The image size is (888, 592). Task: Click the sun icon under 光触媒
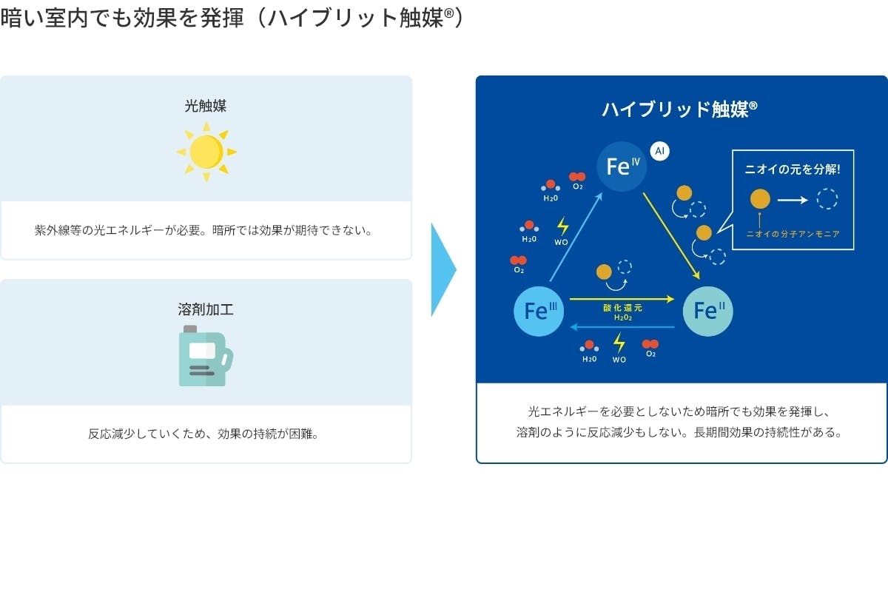[206, 152]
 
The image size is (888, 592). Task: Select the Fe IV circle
[622, 166]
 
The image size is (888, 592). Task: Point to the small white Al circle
[660, 151]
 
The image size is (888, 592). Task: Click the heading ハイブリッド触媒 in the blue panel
[679, 110]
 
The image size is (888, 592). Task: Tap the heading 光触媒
[206, 106]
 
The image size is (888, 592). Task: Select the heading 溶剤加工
[206, 309]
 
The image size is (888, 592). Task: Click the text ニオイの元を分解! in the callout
[793, 169]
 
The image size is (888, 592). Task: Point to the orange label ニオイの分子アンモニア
[793, 233]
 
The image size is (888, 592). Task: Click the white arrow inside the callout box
[793, 199]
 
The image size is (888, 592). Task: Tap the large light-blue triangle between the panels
[443, 270]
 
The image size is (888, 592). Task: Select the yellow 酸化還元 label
[622, 308]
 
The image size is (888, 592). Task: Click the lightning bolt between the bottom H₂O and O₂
[619, 343]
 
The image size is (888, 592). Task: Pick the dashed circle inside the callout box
[827, 199]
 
